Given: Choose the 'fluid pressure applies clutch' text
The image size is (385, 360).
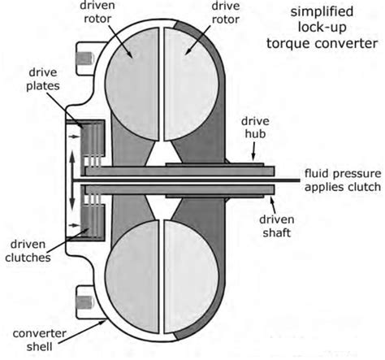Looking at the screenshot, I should click(x=343, y=181).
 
